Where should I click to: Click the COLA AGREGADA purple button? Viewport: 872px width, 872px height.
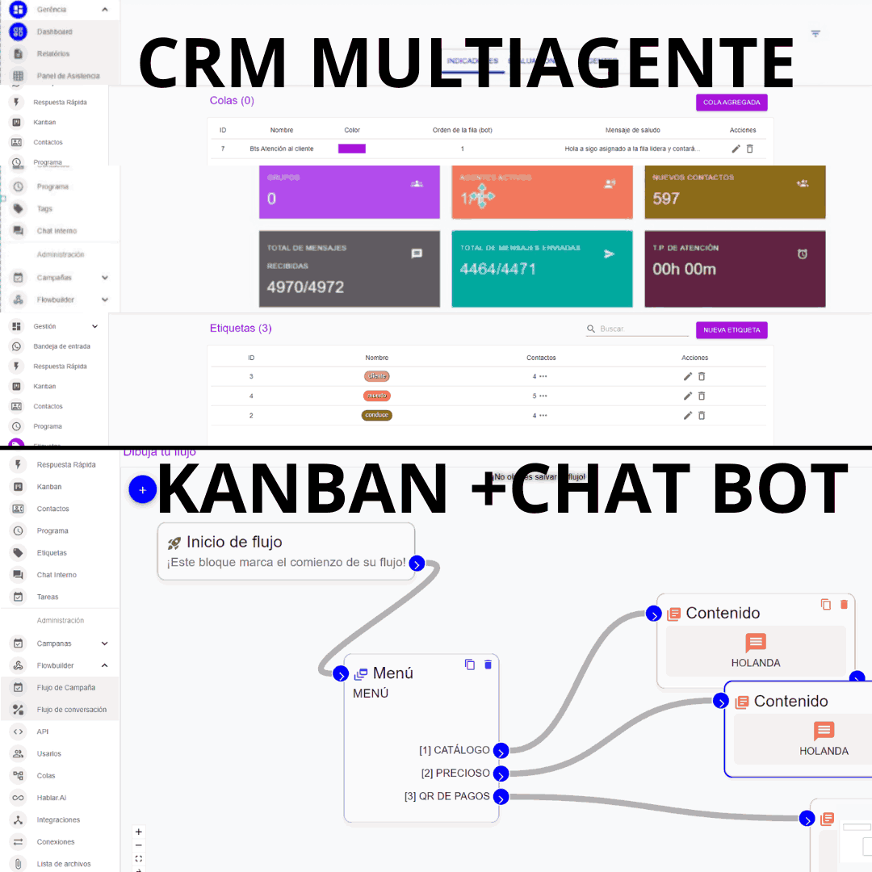click(732, 103)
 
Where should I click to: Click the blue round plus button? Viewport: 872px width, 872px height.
click(142, 489)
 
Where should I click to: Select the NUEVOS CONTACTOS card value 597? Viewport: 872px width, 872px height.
click(666, 199)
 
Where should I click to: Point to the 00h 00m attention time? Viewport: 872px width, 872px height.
click(684, 269)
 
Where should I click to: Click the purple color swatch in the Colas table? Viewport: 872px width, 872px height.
click(351, 149)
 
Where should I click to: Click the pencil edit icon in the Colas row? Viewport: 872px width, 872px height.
click(736, 149)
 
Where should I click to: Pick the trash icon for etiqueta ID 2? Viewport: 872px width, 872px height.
click(702, 415)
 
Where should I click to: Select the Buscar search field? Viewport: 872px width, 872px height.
click(642, 329)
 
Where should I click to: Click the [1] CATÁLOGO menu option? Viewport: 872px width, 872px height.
click(455, 750)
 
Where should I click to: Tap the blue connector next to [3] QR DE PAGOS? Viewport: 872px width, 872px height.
click(501, 798)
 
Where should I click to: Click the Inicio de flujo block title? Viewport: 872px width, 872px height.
click(234, 542)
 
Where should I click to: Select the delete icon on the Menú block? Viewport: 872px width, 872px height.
click(488, 664)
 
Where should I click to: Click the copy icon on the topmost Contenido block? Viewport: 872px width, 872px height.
click(825, 604)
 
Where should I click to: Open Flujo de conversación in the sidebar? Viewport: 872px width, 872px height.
click(71, 710)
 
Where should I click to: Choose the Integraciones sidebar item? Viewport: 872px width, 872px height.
click(58, 820)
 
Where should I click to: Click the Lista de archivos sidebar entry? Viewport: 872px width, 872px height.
click(64, 864)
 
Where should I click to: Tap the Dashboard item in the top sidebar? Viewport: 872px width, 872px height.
click(54, 31)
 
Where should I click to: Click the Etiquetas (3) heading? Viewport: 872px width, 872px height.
click(241, 329)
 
